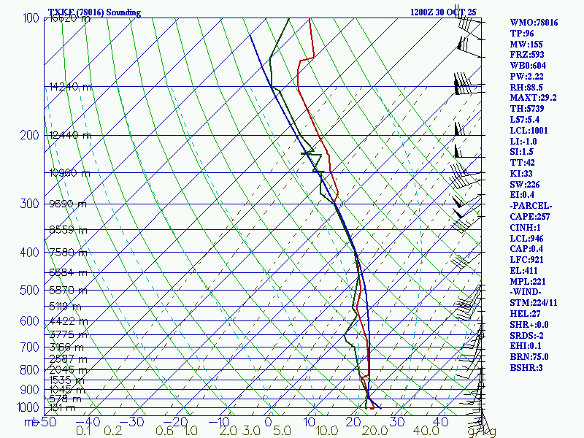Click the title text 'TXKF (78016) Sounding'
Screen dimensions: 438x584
94,12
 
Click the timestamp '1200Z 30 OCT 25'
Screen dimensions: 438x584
444,12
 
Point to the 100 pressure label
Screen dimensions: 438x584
31,18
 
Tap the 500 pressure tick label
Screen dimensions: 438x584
30,291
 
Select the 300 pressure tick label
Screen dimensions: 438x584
30,204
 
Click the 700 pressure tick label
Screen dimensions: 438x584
30,347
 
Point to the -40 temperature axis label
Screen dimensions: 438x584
88,422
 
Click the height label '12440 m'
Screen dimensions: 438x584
70,135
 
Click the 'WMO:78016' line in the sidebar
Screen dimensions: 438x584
534,23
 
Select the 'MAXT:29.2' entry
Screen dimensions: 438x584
533,98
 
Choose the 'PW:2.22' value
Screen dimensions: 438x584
528,76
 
